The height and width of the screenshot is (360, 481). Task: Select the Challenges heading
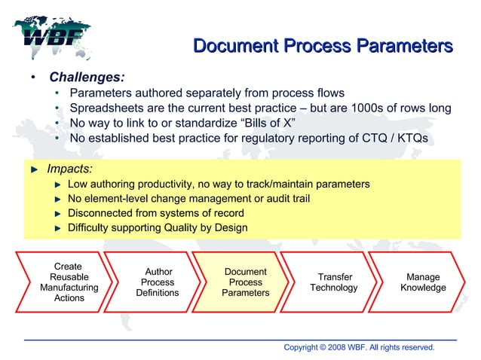coord(87,77)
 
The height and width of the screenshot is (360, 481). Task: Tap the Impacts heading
coord(70,169)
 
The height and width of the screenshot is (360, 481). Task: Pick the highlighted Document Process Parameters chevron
coord(246,282)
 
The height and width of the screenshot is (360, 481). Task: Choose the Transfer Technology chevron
coord(334,282)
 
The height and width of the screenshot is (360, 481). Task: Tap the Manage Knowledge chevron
coord(423,282)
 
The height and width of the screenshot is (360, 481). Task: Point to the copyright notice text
coord(359,347)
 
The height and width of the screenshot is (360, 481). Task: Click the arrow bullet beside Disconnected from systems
coord(57,213)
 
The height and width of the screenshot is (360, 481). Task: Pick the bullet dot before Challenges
coord(32,78)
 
